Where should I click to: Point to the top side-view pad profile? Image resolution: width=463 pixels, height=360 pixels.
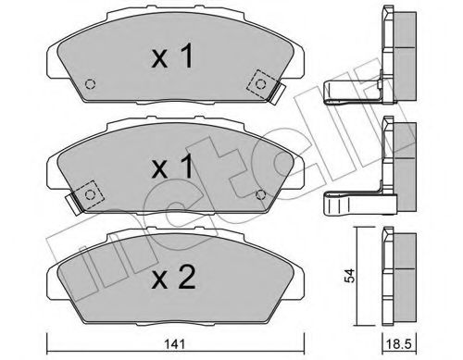[x=396, y=43]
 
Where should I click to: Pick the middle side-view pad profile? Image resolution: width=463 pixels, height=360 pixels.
[x=396, y=153]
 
